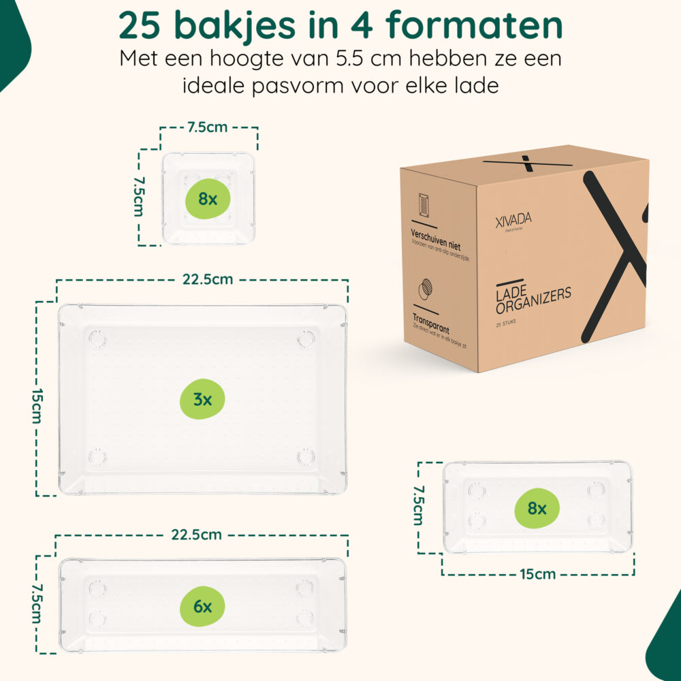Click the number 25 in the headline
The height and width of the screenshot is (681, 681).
(x=142, y=25)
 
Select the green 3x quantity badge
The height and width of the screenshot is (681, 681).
(x=202, y=400)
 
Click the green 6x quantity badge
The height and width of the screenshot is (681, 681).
(x=202, y=606)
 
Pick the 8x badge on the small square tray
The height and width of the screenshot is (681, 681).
(x=208, y=199)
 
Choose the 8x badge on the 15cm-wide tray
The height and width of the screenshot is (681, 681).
(x=537, y=508)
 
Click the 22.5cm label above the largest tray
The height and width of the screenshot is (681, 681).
(x=207, y=279)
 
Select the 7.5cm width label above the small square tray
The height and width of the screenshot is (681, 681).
(x=208, y=127)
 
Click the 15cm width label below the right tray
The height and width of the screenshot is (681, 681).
(x=537, y=574)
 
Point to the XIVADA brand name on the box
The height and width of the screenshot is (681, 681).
(x=514, y=219)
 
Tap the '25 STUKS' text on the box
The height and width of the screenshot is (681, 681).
(x=507, y=323)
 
